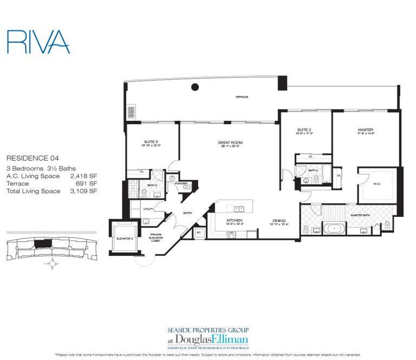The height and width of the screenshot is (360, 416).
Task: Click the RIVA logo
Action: (x=38, y=41)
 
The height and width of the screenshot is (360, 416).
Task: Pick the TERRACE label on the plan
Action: (x=241, y=97)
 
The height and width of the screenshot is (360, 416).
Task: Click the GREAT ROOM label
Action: (x=229, y=143)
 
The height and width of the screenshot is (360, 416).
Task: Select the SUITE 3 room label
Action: (x=152, y=142)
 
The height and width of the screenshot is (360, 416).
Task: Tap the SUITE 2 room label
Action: (x=303, y=130)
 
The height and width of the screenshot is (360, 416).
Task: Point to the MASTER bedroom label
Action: (x=364, y=130)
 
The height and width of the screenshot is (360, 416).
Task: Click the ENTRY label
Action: (x=188, y=213)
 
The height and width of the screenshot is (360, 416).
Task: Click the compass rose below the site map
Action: (x=53, y=265)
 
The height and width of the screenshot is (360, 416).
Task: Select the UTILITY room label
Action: (x=149, y=209)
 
